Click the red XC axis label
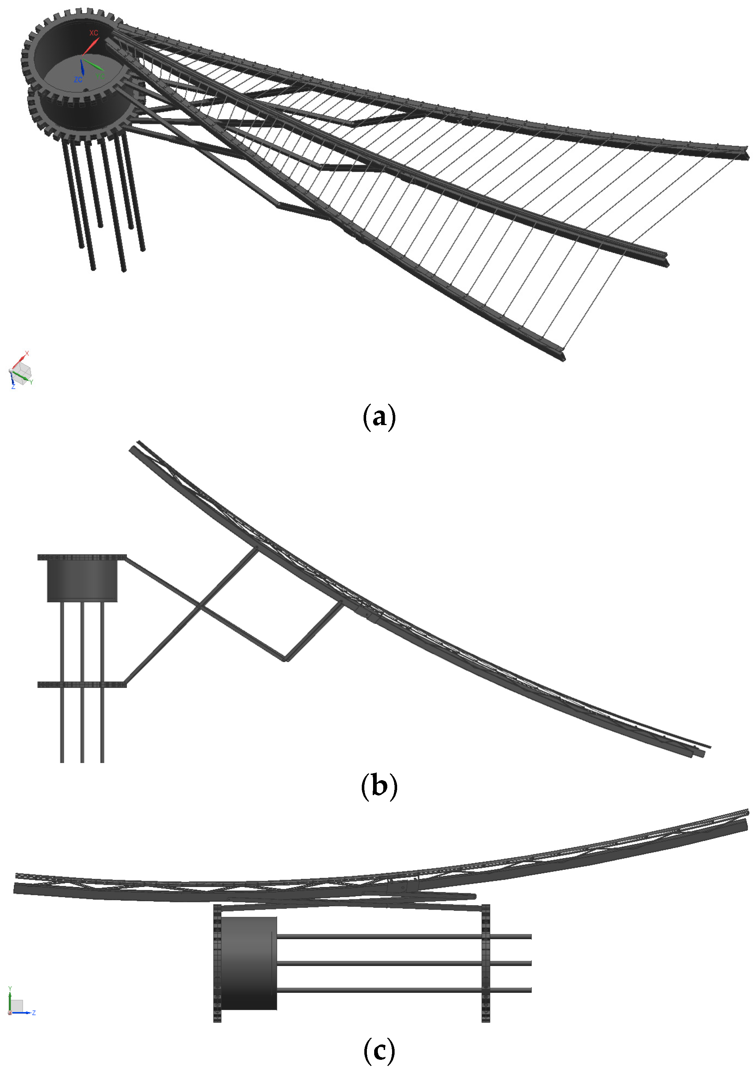click(94, 33)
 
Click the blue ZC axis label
click(78, 79)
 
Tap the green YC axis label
click(100, 76)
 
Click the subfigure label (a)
click(379, 417)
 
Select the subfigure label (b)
click(379, 786)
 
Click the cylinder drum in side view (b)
click(82, 580)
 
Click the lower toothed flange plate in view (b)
click(82, 684)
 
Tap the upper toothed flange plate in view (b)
click(82, 557)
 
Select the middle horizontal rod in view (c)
click(402, 963)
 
